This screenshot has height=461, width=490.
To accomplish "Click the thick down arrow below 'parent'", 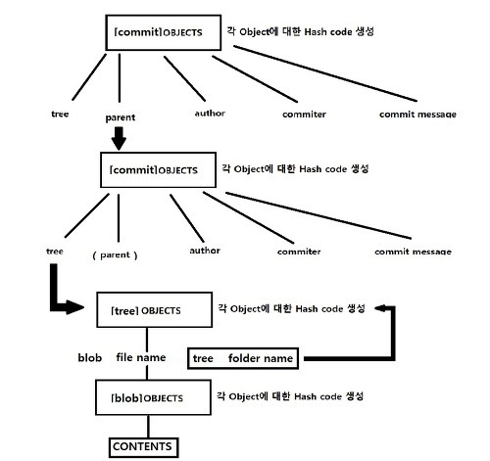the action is [x=119, y=138].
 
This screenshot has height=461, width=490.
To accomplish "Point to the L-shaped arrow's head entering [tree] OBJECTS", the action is [x=74, y=307].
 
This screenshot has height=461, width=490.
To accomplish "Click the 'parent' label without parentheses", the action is [x=121, y=117].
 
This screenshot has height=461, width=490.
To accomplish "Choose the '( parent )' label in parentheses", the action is [x=115, y=255].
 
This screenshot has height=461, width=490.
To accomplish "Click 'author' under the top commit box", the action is [x=210, y=114].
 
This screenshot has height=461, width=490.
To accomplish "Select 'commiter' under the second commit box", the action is [x=299, y=252].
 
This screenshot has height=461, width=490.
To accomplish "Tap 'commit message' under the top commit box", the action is [x=417, y=115].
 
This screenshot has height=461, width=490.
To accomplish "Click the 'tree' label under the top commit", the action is [x=60, y=114].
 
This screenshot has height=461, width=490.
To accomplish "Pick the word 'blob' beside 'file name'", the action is [x=90, y=357].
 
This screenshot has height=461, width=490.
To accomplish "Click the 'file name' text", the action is [x=141, y=357].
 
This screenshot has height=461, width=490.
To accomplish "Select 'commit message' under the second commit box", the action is [x=413, y=252].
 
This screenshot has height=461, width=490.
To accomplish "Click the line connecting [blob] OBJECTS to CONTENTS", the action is [x=148, y=427].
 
